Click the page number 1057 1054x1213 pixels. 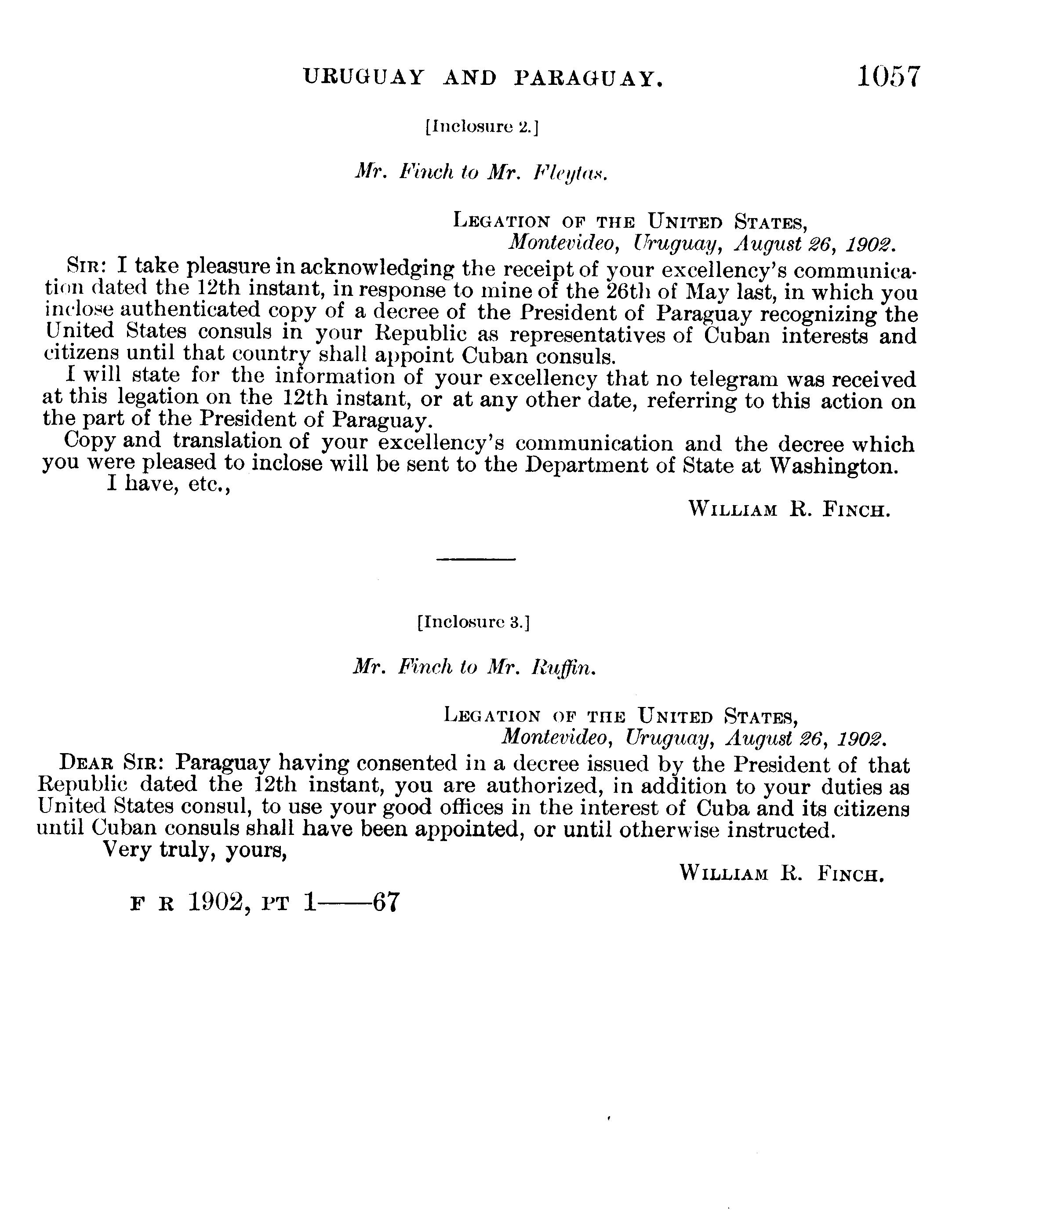pos(888,76)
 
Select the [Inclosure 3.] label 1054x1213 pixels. pos(473,623)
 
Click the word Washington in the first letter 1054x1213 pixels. pos(833,466)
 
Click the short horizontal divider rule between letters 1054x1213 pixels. pos(476,559)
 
